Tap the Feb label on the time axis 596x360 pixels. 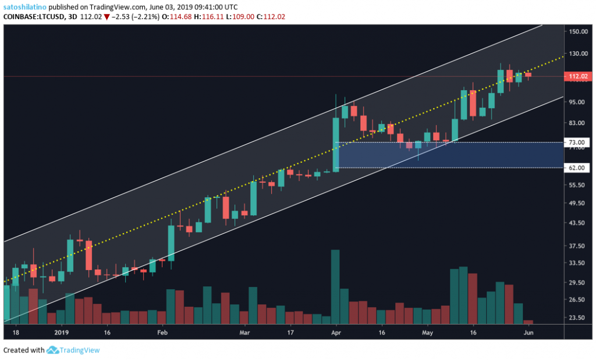(162, 333)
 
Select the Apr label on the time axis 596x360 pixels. (335, 333)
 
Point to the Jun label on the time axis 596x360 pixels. (528, 333)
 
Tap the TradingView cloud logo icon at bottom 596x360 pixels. (53, 350)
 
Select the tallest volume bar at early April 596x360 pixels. (335, 285)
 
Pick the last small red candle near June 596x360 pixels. (528, 74)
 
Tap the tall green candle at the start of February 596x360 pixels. (171, 243)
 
